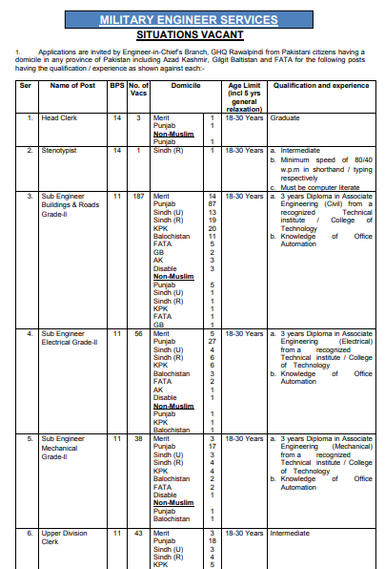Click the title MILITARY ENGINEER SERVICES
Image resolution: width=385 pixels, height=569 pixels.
click(192, 19)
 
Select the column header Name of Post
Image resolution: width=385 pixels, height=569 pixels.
click(71, 86)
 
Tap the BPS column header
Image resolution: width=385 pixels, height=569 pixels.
click(116, 86)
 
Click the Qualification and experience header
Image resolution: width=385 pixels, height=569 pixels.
click(321, 86)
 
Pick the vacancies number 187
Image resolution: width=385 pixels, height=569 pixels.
click(137, 196)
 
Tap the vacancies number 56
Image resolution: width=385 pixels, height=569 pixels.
click(137, 333)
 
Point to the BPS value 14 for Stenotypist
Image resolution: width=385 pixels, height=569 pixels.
click(116, 151)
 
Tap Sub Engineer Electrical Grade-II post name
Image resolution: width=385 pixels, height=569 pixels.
click(73, 338)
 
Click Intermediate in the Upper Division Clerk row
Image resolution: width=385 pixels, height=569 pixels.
click(293, 532)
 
